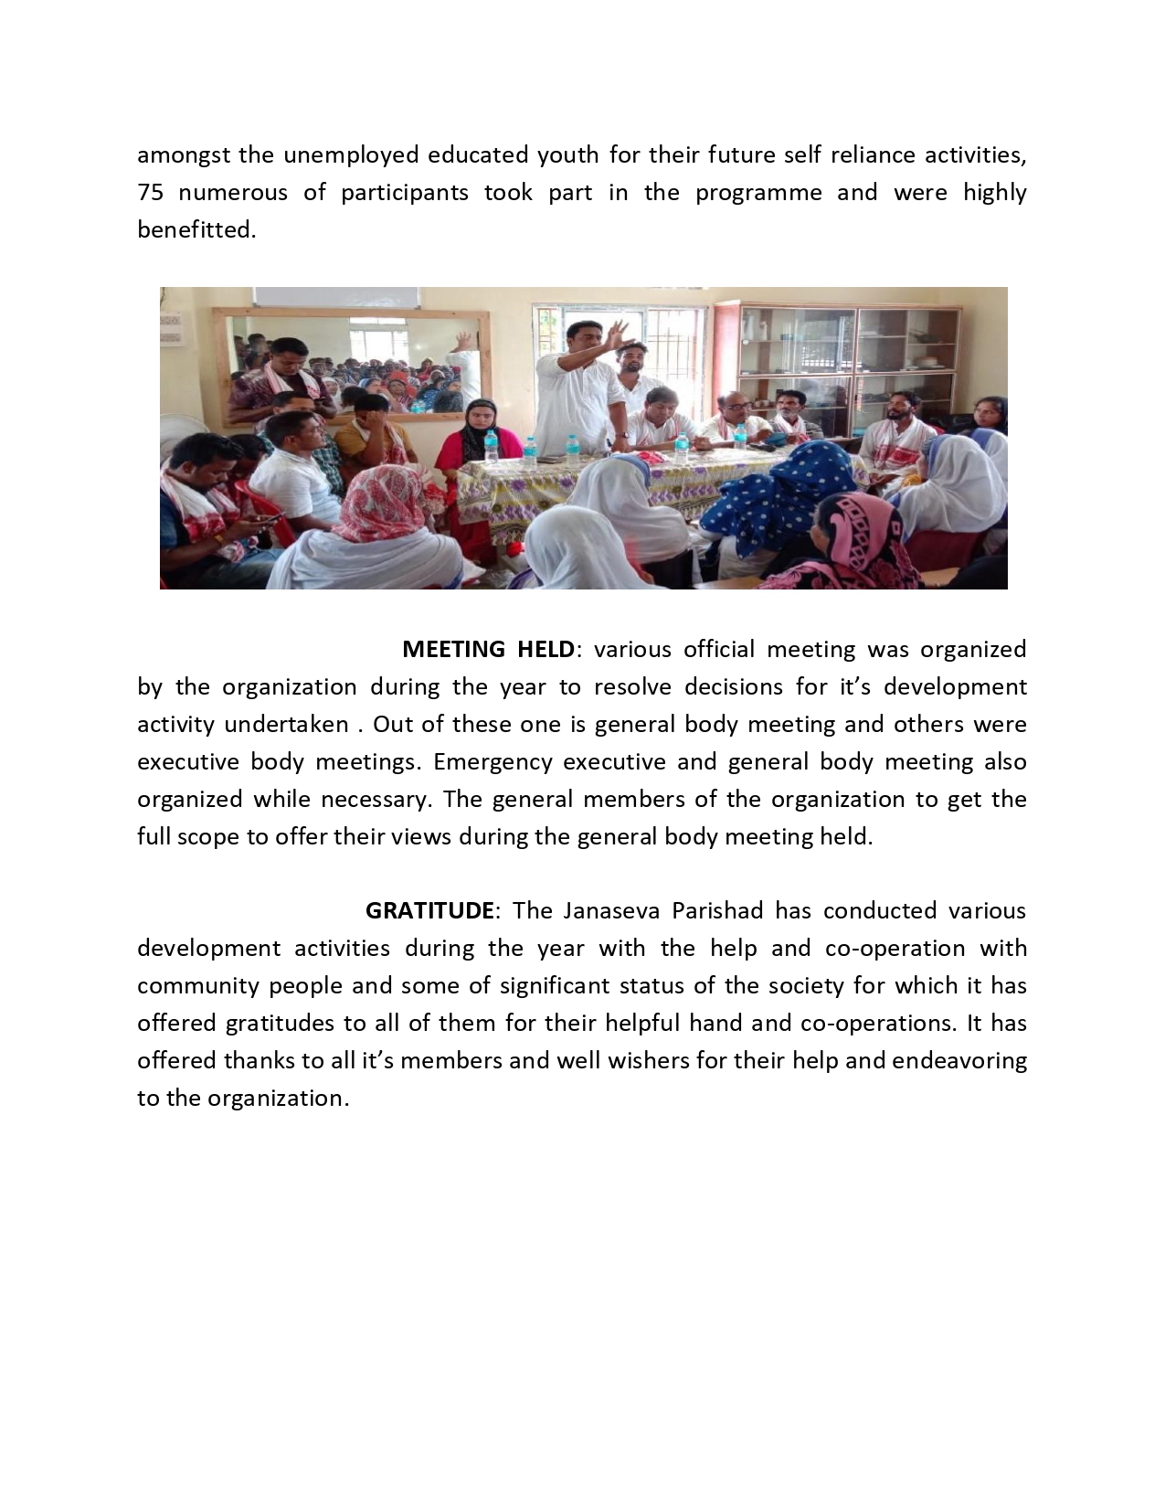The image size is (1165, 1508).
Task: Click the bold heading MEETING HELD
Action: tap(488, 650)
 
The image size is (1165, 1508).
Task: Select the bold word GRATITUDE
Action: tap(429, 911)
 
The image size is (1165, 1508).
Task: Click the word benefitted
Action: tap(196, 230)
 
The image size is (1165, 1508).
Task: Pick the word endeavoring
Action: tap(959, 1061)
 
